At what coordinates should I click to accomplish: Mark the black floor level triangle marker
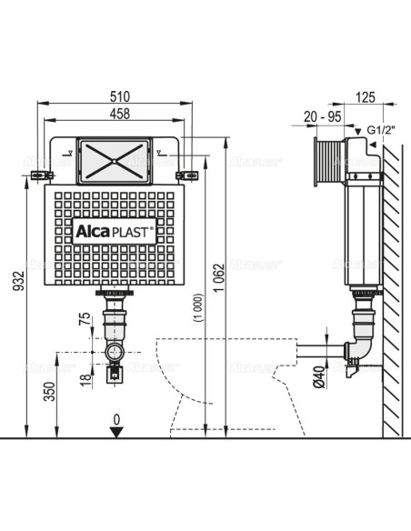pos(115,431)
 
